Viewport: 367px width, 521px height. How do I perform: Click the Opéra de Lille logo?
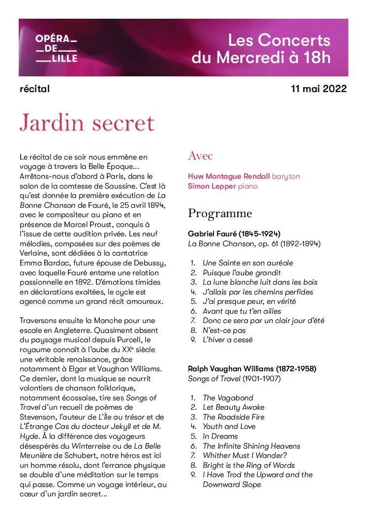coord(56,48)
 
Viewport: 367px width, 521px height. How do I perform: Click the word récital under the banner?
coord(34,89)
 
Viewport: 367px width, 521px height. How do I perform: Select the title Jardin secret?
coord(87,122)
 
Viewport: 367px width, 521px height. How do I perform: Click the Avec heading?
coord(200,156)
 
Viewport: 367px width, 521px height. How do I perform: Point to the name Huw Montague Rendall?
coord(229,176)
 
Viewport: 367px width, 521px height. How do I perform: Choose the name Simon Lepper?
coord(212,186)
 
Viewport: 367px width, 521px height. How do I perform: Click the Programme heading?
coord(220,214)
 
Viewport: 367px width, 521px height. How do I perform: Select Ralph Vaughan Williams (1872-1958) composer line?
coord(252,368)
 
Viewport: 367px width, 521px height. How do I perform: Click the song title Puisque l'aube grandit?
coord(242,272)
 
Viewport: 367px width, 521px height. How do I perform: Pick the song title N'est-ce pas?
coord(224,330)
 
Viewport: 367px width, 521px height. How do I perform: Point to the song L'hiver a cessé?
coord(228,340)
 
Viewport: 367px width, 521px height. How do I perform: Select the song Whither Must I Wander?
coord(245,456)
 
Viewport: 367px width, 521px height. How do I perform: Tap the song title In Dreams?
coord(220,436)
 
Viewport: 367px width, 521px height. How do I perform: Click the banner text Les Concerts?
coord(279,40)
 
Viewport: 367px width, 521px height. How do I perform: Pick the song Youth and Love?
coord(229,426)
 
